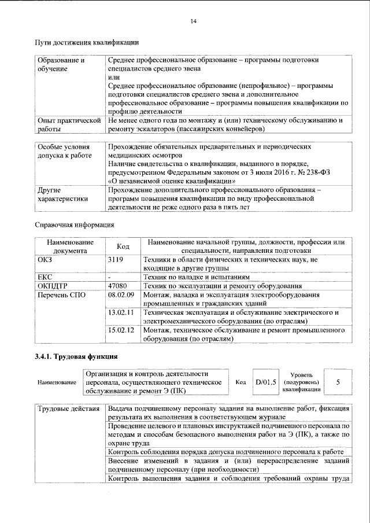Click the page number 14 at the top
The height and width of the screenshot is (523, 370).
point(193,21)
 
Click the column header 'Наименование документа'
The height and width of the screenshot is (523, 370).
point(69,246)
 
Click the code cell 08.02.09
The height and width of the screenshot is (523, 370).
point(121,295)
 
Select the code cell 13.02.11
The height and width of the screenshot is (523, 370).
point(121,312)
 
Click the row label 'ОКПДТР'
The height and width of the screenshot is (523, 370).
point(53,286)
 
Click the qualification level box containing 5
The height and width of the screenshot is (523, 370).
point(338,382)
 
